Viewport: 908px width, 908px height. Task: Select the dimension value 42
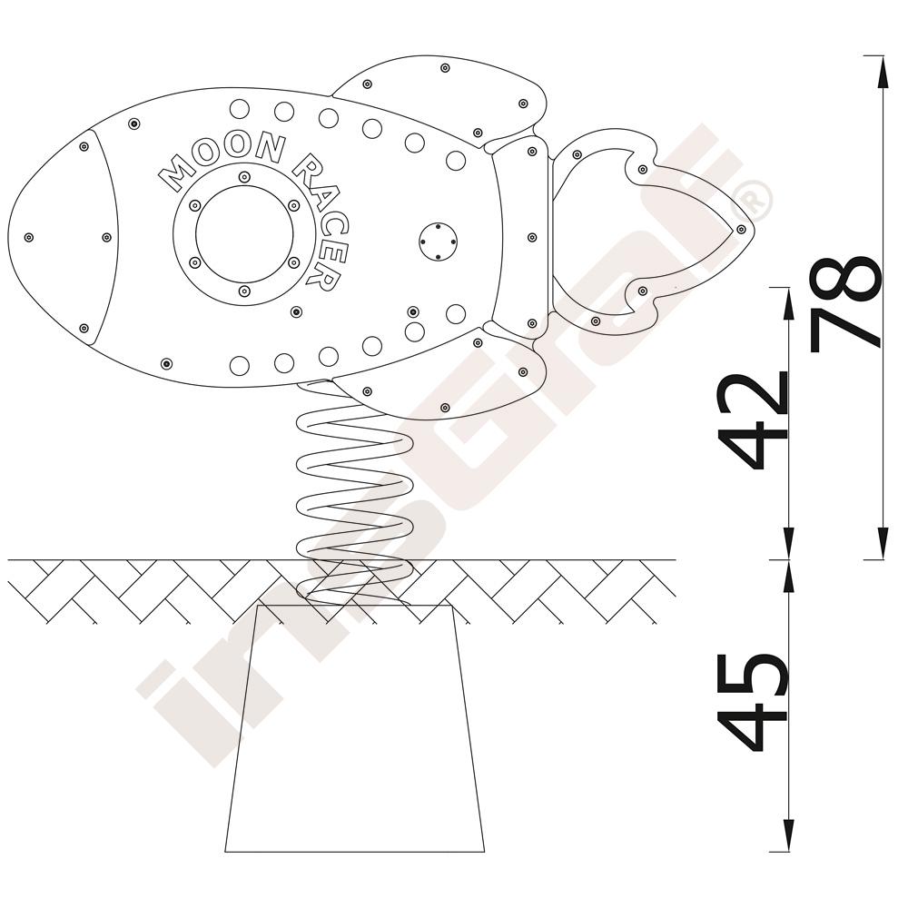tap(753, 421)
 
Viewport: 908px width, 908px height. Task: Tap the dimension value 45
tap(753, 703)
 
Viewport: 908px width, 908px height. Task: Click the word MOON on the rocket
tap(222, 161)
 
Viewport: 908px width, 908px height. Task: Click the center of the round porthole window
tap(244, 234)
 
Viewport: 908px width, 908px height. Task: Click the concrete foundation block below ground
tap(354, 728)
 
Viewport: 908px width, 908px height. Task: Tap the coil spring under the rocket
tap(353, 492)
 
